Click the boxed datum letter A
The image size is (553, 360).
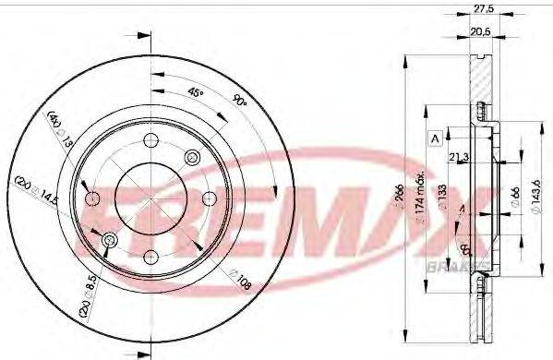432,138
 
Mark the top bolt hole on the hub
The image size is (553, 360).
148,142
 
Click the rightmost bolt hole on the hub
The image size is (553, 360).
207,197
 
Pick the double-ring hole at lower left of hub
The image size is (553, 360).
109,241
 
